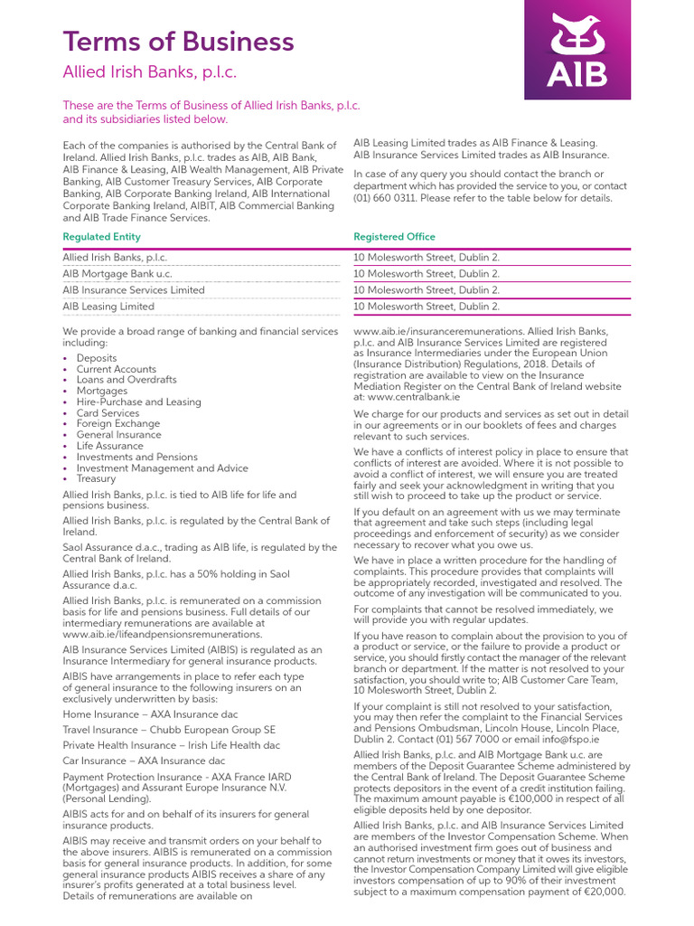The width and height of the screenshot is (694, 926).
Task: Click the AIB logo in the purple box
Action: click(578, 50)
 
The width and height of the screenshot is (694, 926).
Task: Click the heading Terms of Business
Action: click(178, 41)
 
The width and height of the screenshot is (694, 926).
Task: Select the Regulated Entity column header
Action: click(101, 237)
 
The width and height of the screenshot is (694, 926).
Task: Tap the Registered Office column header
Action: click(394, 237)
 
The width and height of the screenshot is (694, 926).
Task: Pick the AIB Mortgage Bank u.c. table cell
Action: click(117, 274)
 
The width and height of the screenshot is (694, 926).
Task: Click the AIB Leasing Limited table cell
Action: click(108, 307)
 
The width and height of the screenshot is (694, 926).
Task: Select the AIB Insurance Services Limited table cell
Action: click(134, 290)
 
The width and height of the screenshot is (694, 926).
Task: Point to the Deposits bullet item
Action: click(97, 358)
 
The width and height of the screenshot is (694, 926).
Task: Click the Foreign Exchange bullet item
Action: click(117, 423)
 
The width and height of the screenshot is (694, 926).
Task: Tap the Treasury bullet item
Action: click(96, 478)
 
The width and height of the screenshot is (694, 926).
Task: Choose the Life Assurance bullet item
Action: click(109, 446)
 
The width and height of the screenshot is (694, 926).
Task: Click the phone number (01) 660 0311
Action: click(389, 198)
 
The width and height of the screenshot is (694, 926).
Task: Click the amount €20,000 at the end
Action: click(604, 893)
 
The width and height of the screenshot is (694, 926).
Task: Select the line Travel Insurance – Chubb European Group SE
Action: click(169, 729)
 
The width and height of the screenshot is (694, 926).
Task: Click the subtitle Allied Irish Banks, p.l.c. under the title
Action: click(150, 72)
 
